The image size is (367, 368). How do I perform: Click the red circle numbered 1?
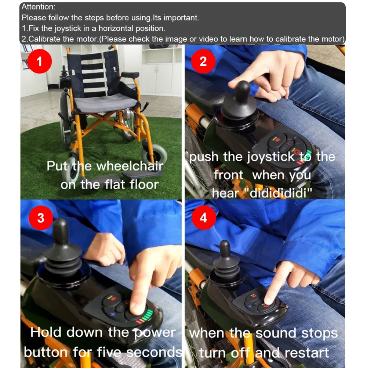click(x=39, y=61)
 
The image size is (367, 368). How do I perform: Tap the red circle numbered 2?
click(x=203, y=61)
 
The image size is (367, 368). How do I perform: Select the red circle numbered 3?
click(x=41, y=218)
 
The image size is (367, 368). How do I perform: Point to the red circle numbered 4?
click(x=203, y=218)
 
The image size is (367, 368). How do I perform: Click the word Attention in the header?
click(x=37, y=7)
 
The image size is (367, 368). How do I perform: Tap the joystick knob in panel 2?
click(x=243, y=93)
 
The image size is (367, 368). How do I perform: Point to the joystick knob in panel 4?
click(x=225, y=248)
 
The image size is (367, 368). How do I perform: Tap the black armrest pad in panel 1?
click(x=130, y=75)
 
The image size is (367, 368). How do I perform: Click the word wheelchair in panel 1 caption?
click(x=130, y=166)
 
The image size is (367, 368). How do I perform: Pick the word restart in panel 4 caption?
click(x=307, y=353)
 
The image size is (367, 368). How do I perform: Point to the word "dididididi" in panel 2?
click(x=278, y=193)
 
